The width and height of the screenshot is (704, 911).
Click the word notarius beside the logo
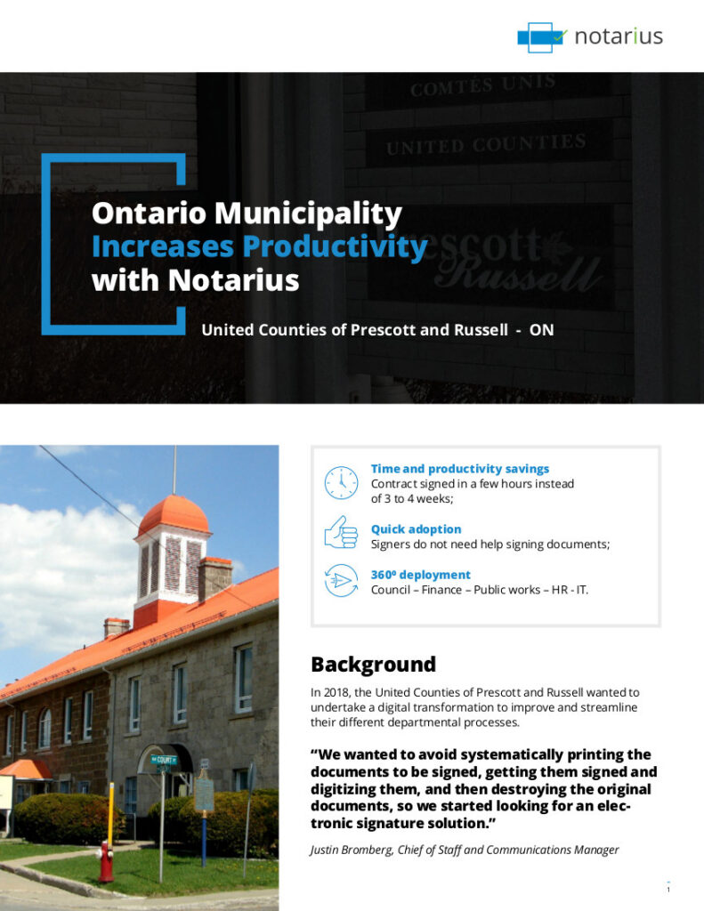pyautogui.click(x=619, y=37)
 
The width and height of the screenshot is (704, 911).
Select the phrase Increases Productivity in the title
pyautogui.click(x=259, y=246)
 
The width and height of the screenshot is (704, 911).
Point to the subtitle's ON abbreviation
pyautogui.click(x=541, y=330)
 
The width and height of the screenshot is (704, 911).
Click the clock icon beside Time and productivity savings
pyautogui.click(x=341, y=482)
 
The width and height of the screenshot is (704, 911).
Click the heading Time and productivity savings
pyautogui.click(x=459, y=469)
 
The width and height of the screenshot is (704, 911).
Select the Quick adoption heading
pyautogui.click(x=416, y=529)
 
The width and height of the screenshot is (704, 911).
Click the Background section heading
pyautogui.click(x=373, y=665)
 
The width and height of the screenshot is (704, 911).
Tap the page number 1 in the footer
pyautogui.click(x=668, y=889)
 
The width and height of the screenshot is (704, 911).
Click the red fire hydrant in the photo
pyautogui.click(x=106, y=862)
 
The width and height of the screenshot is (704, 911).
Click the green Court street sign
pyautogui.click(x=163, y=760)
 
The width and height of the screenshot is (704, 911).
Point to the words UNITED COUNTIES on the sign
pyautogui.click(x=486, y=144)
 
